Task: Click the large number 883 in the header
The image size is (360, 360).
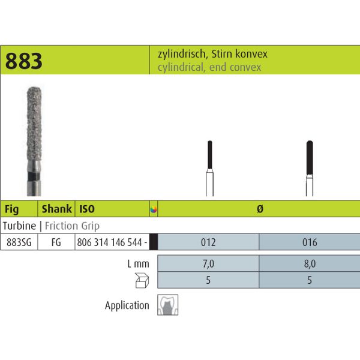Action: click(23, 61)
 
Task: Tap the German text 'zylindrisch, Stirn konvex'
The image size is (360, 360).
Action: click(212, 54)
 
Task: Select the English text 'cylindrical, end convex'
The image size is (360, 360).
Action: click(209, 67)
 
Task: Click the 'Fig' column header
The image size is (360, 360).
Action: click(12, 209)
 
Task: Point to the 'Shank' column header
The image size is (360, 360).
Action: click(57, 209)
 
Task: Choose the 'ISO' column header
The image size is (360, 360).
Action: click(87, 209)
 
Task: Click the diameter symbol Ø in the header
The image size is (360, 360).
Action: click(260, 209)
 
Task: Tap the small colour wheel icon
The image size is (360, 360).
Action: click(154, 209)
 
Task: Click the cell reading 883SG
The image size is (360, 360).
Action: click(19, 242)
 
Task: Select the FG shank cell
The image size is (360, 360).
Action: click(56, 242)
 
